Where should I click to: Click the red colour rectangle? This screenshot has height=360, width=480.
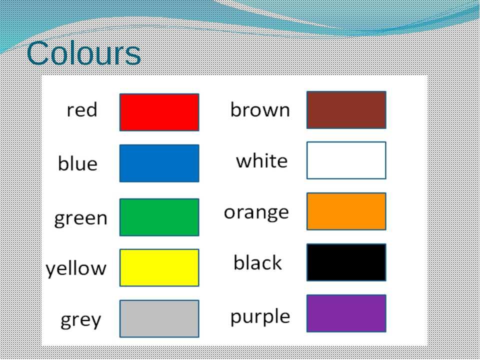[159, 112]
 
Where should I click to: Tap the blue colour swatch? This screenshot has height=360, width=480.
[159, 163]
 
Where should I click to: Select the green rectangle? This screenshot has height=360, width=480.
[159, 217]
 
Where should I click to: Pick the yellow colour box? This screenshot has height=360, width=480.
[159, 268]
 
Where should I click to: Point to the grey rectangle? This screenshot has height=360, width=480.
[159, 318]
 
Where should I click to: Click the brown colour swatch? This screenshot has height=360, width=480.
[346, 110]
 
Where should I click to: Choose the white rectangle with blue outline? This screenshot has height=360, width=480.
[346, 160]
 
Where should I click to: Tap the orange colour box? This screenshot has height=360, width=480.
[346, 211]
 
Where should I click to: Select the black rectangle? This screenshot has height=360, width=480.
[346, 262]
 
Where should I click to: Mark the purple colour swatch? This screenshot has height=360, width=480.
[346, 313]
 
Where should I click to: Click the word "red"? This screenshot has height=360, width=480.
[82, 110]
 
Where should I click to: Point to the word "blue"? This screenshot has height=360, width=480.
[78, 163]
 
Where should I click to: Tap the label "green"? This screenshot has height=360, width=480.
[81, 219]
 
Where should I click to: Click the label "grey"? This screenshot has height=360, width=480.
[81, 320]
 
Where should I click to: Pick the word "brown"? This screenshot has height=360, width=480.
[260, 109]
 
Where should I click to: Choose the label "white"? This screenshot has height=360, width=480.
[262, 160]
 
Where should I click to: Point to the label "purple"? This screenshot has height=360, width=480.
[260, 317]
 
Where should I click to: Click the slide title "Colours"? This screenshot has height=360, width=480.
[83, 53]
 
